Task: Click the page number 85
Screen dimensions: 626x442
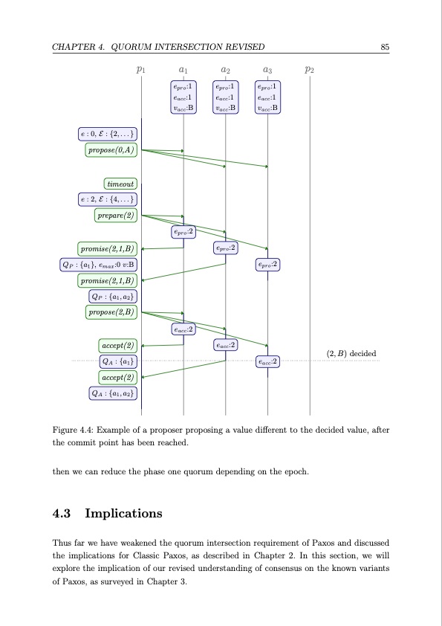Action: pyautogui.click(x=385, y=48)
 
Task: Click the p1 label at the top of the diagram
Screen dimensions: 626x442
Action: pyautogui.click(x=141, y=70)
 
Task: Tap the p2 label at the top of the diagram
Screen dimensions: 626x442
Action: pyautogui.click(x=310, y=70)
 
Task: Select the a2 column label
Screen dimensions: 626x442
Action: pyautogui.click(x=225, y=70)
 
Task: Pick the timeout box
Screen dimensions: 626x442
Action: pyautogui.click(x=121, y=183)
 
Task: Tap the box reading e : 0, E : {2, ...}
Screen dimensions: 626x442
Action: pyautogui.click(x=107, y=134)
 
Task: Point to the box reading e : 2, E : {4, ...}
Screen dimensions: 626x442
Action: pyautogui.click(x=107, y=199)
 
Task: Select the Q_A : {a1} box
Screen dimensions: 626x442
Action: pyautogui.click(x=117, y=361)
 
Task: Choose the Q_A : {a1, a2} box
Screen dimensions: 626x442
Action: pyautogui.click(x=113, y=393)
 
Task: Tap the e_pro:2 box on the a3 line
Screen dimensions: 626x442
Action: pyautogui.click(x=267, y=264)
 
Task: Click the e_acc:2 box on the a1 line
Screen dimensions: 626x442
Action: pyautogui.click(x=183, y=329)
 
